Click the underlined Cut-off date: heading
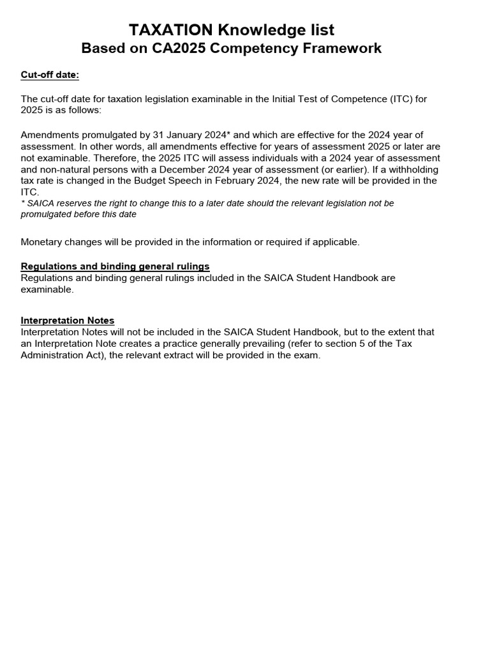pos(50,75)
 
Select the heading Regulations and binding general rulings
pos(115,266)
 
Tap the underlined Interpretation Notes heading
pos(68,321)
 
